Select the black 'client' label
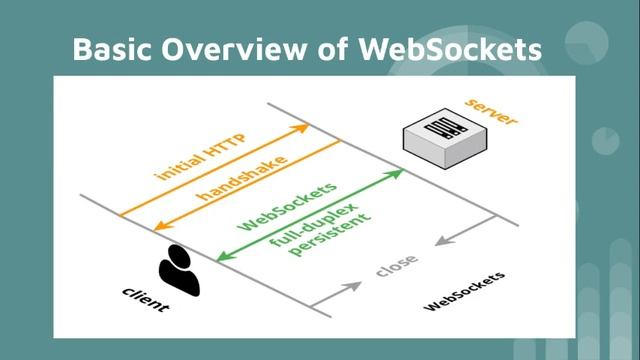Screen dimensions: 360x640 (145, 298)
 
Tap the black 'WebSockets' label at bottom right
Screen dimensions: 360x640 (465, 291)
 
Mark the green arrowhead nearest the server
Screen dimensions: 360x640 (398, 173)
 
